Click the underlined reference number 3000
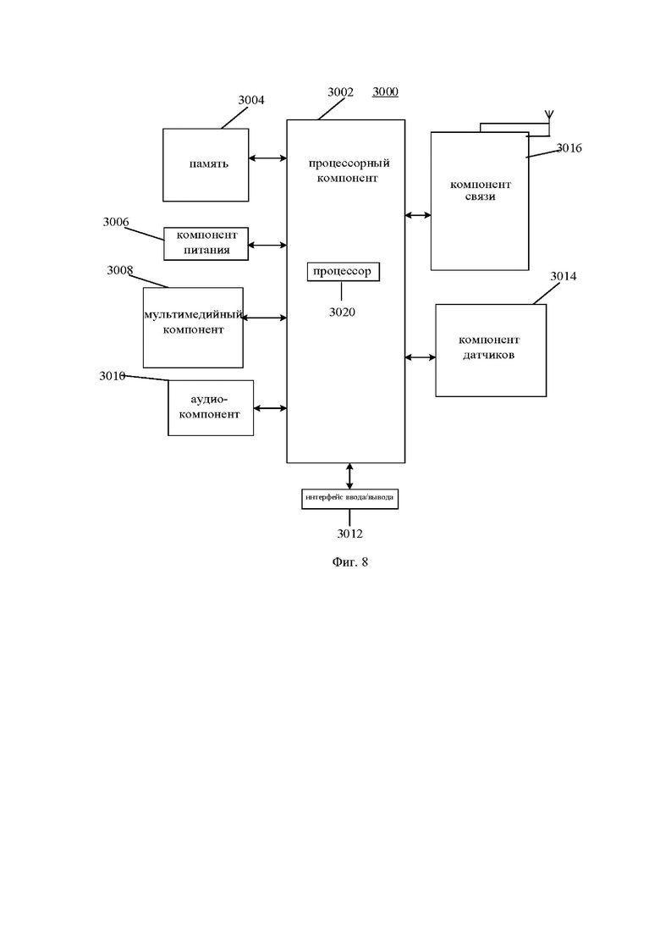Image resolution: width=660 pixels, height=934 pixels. (x=385, y=91)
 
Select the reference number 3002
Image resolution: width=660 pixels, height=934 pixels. (x=340, y=91)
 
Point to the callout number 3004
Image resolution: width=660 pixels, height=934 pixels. (x=251, y=100)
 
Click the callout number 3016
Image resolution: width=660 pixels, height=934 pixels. (x=569, y=147)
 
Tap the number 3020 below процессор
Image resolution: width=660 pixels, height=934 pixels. (x=342, y=312)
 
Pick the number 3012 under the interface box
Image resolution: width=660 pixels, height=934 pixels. (x=350, y=533)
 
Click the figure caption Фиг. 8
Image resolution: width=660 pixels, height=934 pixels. (x=350, y=561)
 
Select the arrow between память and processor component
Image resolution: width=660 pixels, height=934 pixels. (x=268, y=158)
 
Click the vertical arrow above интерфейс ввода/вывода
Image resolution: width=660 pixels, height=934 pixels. (x=349, y=476)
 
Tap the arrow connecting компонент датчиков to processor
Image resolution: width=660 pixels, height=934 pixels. (x=421, y=357)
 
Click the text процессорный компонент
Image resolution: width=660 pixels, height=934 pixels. (x=348, y=170)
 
